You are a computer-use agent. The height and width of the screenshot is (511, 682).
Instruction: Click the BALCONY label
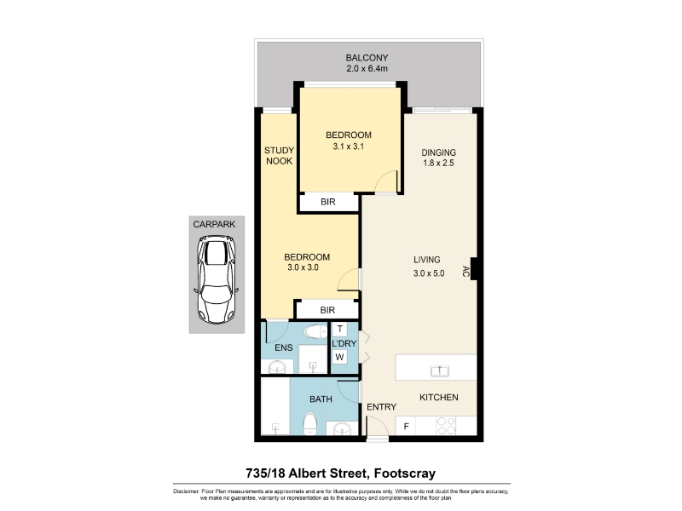click(367, 57)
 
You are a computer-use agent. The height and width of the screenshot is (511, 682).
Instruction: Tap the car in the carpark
click(217, 279)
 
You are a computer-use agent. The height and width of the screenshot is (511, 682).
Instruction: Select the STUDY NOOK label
click(280, 156)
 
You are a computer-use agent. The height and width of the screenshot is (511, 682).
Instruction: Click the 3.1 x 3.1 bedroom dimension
click(349, 146)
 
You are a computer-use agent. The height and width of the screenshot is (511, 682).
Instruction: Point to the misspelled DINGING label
click(438, 152)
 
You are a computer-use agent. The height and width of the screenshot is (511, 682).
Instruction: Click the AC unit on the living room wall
click(474, 269)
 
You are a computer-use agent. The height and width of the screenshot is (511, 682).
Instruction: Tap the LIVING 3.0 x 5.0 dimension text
click(429, 273)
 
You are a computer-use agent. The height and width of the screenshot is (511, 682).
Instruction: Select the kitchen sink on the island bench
click(439, 370)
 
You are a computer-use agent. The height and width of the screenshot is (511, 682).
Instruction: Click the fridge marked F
click(407, 426)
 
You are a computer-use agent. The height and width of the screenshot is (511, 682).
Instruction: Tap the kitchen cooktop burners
click(446, 426)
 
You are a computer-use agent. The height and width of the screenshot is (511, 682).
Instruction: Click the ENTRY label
click(381, 407)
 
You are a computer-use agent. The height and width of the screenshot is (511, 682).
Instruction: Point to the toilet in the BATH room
click(309, 423)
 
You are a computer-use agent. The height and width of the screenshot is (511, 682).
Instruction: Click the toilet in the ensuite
click(315, 332)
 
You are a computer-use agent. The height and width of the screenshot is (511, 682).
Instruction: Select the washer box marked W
click(339, 357)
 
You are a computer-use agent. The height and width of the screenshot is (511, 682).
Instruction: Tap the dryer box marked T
click(339, 329)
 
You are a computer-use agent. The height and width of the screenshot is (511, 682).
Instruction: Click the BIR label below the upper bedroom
click(328, 202)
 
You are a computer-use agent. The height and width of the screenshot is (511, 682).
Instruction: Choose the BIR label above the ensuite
click(327, 310)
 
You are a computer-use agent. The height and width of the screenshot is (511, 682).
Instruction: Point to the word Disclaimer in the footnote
click(186, 491)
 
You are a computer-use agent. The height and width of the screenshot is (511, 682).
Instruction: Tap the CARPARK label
click(214, 224)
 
